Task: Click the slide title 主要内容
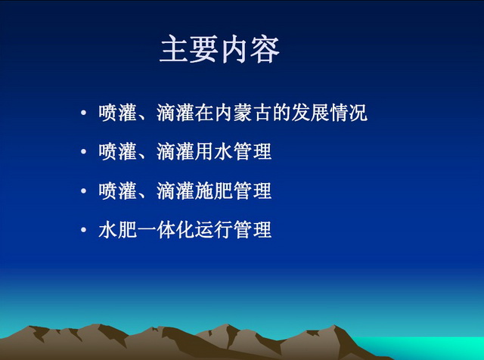point(219,49)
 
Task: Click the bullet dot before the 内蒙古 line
point(83,113)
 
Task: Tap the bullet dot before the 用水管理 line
point(83,151)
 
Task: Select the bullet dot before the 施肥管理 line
point(83,191)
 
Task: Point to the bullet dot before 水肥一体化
point(83,230)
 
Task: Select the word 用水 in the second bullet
point(213,151)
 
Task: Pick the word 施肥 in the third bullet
point(213,191)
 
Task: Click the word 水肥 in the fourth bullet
point(118,230)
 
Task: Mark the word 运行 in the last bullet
point(213,230)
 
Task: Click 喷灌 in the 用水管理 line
point(118,151)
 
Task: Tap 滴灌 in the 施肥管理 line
point(175,191)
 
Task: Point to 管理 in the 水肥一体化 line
point(253,230)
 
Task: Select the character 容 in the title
point(265,49)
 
